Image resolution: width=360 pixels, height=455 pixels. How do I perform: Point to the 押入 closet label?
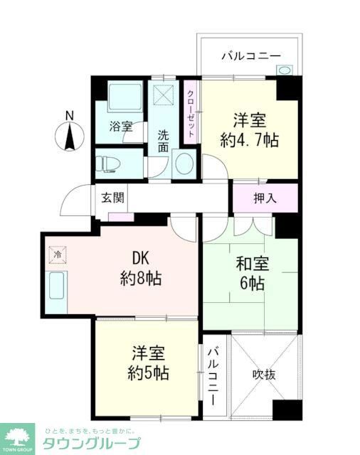coord(265,198)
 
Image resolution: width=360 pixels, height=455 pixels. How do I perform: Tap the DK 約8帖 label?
coord(139,269)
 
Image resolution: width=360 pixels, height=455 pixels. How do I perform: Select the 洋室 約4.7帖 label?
coord(249,129)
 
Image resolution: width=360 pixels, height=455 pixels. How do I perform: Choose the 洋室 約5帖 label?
coord(149,363)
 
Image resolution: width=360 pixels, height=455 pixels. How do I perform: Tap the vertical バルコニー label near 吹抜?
coord(212,375)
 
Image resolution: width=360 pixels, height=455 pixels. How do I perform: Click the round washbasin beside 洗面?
coord(182,163)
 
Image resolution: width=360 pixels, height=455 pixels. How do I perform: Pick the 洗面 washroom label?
coord(164,141)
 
